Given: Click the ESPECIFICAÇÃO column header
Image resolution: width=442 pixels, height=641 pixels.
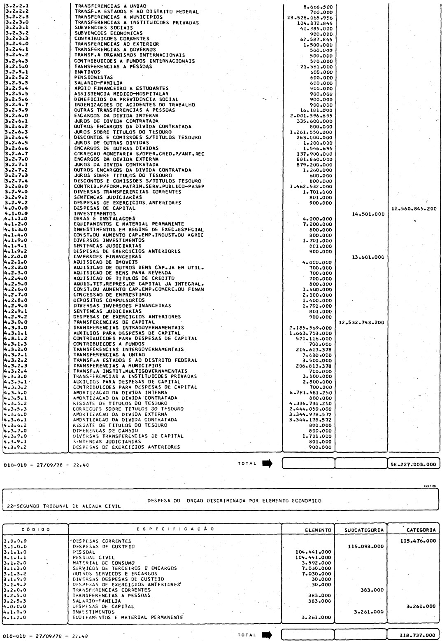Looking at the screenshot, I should [x=175, y=529].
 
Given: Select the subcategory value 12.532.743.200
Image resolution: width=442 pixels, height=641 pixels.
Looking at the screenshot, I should [x=361, y=323].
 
